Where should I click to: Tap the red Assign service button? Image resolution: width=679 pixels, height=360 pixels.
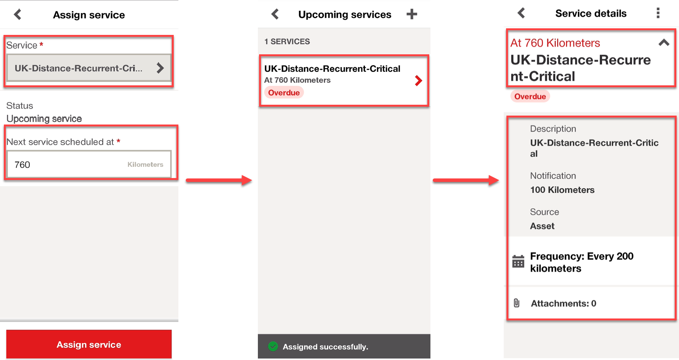pyautogui.click(x=89, y=344)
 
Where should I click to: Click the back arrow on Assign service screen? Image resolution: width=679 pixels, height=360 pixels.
pyautogui.click(x=17, y=15)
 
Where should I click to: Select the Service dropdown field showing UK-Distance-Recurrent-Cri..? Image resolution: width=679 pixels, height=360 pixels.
pyautogui.click(x=89, y=68)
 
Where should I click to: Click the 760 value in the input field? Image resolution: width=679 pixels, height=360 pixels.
pyautogui.click(x=22, y=164)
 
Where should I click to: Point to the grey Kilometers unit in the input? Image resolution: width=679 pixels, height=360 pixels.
pyautogui.click(x=145, y=164)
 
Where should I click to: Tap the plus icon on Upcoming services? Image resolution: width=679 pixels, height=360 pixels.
pyautogui.click(x=412, y=14)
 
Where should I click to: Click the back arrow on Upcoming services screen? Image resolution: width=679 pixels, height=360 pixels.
pyautogui.click(x=275, y=14)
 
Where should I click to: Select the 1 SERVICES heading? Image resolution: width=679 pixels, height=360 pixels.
pyautogui.click(x=287, y=42)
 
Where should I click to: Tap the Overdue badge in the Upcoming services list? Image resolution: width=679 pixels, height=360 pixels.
pyautogui.click(x=284, y=93)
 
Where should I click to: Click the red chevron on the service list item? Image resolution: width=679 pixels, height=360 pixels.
pyautogui.click(x=418, y=81)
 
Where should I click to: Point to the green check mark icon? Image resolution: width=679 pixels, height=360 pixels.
pyautogui.click(x=273, y=346)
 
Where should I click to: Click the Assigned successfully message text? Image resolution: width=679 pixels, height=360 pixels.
pyautogui.click(x=325, y=347)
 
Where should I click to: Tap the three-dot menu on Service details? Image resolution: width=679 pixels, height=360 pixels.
pyautogui.click(x=658, y=13)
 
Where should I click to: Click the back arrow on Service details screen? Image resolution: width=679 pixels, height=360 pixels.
pyautogui.click(x=521, y=13)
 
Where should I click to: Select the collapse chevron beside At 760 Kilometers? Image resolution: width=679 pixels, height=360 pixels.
pyautogui.click(x=664, y=43)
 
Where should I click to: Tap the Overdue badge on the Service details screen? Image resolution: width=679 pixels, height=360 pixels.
pyautogui.click(x=530, y=96)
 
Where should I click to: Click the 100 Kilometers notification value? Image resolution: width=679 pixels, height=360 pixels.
pyautogui.click(x=562, y=190)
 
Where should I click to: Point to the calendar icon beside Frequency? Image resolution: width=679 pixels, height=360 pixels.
pyautogui.click(x=518, y=261)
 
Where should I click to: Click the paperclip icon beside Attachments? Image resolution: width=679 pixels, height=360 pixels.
pyautogui.click(x=517, y=303)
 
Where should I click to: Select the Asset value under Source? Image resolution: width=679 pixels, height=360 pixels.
pyautogui.click(x=542, y=226)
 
